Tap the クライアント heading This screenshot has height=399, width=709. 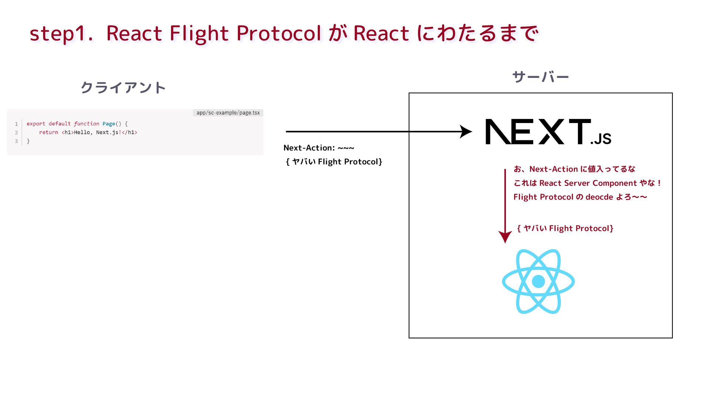tap(123, 88)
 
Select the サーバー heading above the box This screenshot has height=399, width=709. tap(540, 77)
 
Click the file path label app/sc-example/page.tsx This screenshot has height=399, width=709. tap(228, 113)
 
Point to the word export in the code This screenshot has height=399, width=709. tap(36, 124)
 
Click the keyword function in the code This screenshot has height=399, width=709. tap(86, 124)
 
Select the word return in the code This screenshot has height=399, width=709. tap(48, 132)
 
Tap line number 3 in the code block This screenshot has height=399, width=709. tap(16, 141)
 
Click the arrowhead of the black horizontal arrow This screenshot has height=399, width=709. tap(466, 132)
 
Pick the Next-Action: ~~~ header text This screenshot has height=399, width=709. tap(319, 148)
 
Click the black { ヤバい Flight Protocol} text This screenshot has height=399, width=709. tap(334, 161)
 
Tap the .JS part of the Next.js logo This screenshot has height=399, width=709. tap(601, 139)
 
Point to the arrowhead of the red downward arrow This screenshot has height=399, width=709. tap(505, 236)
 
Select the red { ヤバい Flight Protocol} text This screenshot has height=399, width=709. tap(565, 228)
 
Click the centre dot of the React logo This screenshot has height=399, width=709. tap(538, 282)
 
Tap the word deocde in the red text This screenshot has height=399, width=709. tap(599, 197)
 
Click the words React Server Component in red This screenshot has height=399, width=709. tap(588, 183)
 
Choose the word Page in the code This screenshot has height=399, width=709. tap(109, 124)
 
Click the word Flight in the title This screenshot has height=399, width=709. tap(199, 33)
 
